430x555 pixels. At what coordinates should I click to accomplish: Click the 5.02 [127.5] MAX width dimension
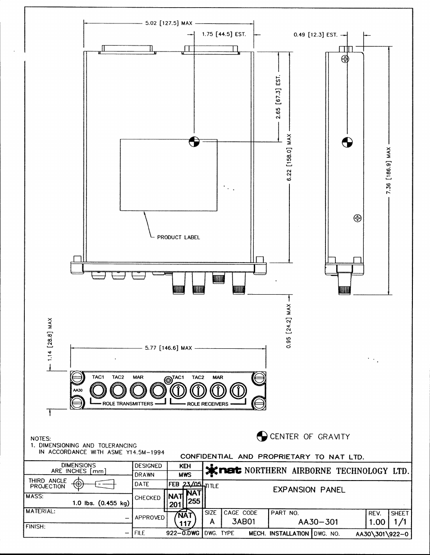pyautogui.click(x=169, y=23)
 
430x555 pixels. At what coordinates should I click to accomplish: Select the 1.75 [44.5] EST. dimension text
pyautogui.click(x=224, y=34)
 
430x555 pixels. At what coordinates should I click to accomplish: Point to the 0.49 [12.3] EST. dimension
pyautogui.click(x=316, y=35)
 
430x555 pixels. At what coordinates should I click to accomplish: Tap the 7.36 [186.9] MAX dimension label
pyautogui.click(x=389, y=171)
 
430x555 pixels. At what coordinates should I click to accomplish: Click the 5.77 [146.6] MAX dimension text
pyautogui.click(x=168, y=348)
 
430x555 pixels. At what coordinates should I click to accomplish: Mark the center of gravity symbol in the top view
pyautogui.click(x=194, y=142)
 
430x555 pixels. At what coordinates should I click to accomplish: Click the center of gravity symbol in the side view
pyautogui.click(x=347, y=142)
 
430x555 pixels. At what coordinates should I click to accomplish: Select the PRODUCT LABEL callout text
pyautogui.click(x=178, y=237)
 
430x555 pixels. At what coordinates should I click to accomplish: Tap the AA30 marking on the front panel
pyautogui.click(x=78, y=390)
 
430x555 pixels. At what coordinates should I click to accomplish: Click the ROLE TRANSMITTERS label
pyautogui.click(x=128, y=403)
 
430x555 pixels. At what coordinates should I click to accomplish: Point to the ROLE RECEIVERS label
pyautogui.click(x=208, y=404)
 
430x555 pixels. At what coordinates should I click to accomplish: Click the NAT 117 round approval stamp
pyautogui.click(x=185, y=519)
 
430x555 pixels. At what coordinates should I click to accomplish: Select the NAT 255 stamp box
pyautogui.click(x=194, y=497)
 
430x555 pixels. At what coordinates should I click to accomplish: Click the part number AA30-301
pyautogui.click(x=318, y=522)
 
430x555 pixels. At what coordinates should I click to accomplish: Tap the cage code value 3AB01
pyautogui.click(x=243, y=522)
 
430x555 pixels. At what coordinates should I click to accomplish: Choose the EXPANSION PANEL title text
pyautogui.click(x=309, y=490)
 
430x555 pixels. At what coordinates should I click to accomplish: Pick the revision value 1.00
pyautogui.click(x=377, y=522)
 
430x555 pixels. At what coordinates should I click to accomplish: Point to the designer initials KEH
pyautogui.click(x=185, y=466)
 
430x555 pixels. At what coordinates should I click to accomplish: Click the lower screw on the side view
pyautogui.click(x=357, y=218)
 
